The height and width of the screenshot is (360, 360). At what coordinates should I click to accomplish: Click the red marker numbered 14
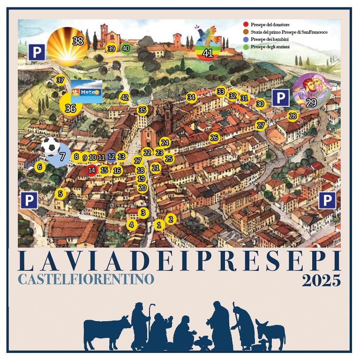(91, 170)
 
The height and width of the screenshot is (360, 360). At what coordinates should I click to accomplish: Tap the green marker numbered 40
(126, 48)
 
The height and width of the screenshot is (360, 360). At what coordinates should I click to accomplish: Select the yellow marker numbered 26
(214, 138)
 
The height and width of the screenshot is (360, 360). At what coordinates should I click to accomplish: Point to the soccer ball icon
(50, 146)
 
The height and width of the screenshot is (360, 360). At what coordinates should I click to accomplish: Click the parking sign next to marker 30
(280, 98)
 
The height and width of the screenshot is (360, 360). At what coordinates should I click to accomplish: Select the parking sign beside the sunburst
(37, 52)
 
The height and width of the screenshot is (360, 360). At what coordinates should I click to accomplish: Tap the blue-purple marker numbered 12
(112, 157)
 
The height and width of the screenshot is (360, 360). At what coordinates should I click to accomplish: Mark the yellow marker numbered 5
(60, 193)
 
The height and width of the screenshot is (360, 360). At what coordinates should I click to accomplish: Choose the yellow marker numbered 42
(124, 97)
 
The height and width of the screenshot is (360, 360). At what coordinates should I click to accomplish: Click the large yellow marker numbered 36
(71, 107)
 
